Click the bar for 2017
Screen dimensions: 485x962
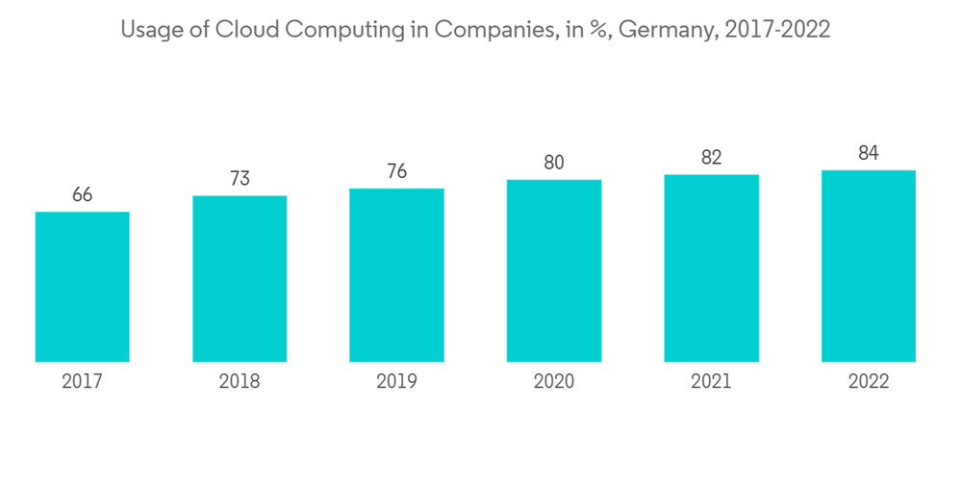point(82,287)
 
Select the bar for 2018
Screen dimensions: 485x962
point(240,279)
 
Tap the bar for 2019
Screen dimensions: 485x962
point(396,275)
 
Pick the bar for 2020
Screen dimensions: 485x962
point(554,271)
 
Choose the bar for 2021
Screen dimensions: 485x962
point(711,268)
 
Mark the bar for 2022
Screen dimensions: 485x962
point(869,267)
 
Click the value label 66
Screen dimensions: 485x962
point(82,195)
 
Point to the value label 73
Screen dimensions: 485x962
point(240,179)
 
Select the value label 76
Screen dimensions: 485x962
point(396,172)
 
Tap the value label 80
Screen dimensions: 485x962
point(554,163)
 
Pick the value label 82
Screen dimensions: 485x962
point(711,158)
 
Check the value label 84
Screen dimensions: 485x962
point(869,153)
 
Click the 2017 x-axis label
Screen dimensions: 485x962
point(82,382)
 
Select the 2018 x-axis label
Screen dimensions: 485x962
point(240,382)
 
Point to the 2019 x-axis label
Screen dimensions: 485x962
point(396,382)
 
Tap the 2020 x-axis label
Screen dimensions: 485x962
point(554,382)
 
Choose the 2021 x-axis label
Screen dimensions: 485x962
point(711,382)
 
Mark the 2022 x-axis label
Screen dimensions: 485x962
point(869,382)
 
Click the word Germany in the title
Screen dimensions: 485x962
point(665,31)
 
